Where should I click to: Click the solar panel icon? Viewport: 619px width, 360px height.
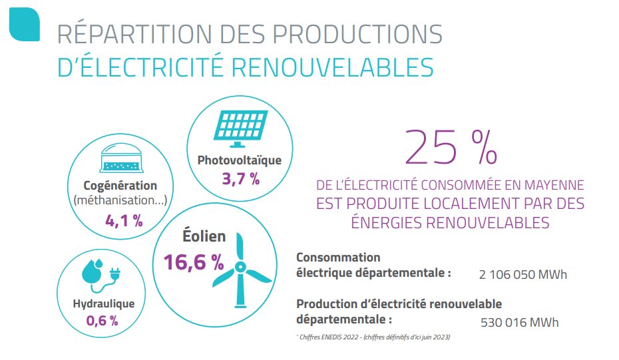[240, 129]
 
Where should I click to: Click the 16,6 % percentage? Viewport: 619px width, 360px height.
[194, 262]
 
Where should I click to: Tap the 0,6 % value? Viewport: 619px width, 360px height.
[103, 320]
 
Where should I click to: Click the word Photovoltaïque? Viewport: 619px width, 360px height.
[240, 160]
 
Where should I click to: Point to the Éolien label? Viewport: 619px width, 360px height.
[204, 236]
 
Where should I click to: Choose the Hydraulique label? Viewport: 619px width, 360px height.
[103, 303]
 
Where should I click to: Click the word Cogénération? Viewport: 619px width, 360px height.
[120, 186]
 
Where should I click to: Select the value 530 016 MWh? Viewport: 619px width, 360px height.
[520, 323]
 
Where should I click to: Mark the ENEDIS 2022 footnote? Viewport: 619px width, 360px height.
[373, 337]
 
